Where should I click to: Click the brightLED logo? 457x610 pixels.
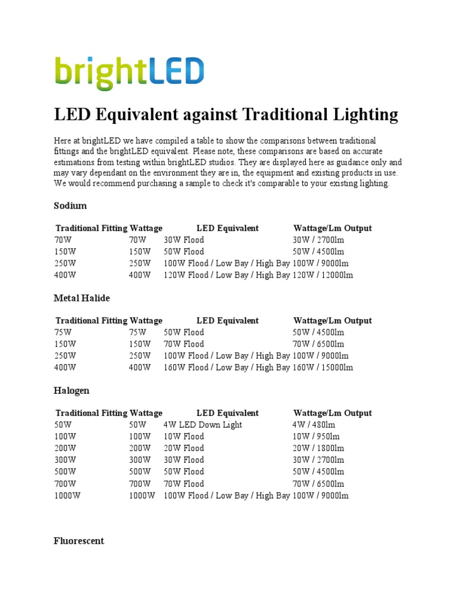click(x=129, y=73)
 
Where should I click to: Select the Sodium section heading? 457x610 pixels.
click(x=70, y=206)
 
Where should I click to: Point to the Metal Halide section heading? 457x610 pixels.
click(x=82, y=298)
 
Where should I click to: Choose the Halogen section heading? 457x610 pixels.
click(x=71, y=391)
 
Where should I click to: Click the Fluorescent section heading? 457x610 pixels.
click(x=79, y=541)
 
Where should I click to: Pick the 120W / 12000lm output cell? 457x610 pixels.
click(x=323, y=275)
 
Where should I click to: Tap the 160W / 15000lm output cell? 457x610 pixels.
click(x=323, y=368)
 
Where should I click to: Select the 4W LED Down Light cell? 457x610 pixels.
click(x=203, y=425)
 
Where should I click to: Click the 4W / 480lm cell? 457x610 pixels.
click(x=314, y=425)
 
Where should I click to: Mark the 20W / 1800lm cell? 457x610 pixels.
click(x=318, y=448)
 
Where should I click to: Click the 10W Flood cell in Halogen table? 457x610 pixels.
click(x=184, y=437)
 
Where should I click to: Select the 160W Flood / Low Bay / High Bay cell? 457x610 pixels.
click(x=227, y=368)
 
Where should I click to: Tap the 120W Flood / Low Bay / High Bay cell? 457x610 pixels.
click(x=227, y=275)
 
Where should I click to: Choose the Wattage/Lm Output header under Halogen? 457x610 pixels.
click(x=333, y=413)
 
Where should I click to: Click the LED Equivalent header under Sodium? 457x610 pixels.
click(x=227, y=228)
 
